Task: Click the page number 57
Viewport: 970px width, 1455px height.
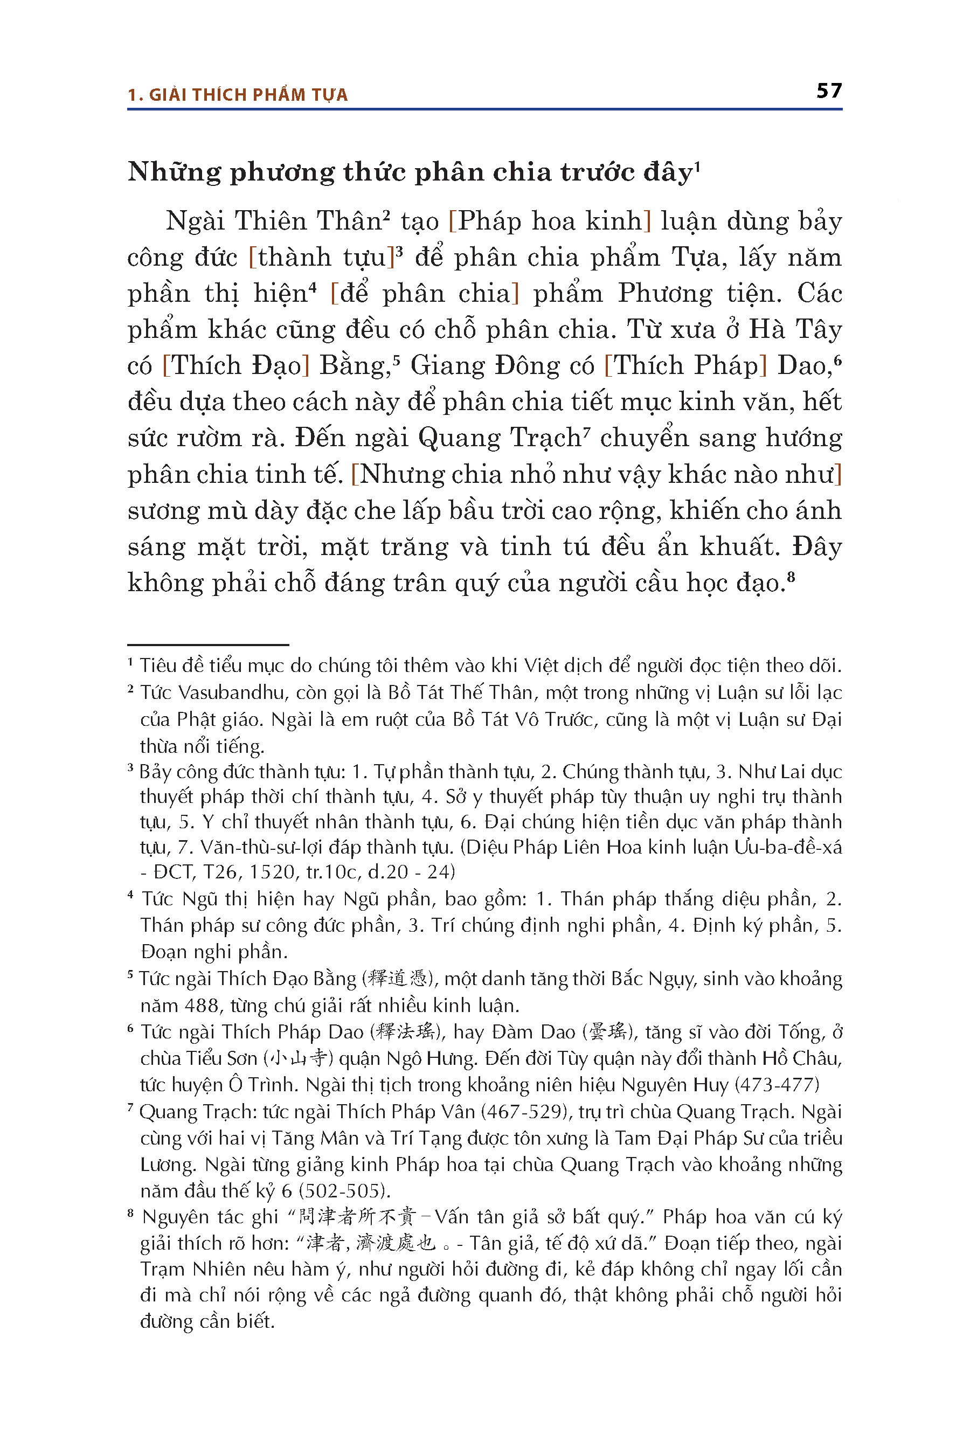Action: point(828,91)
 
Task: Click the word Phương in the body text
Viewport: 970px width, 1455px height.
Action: point(665,293)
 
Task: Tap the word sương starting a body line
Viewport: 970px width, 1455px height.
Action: point(163,511)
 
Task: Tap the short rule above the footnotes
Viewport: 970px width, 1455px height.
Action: point(208,645)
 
